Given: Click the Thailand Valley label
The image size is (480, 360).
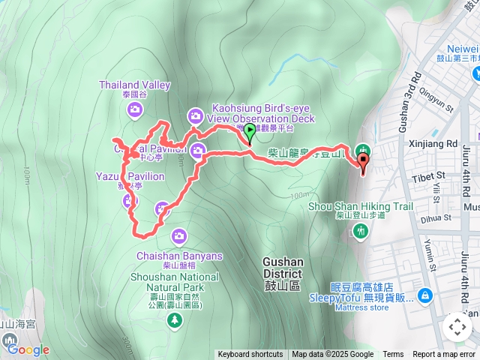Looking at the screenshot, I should [135, 85].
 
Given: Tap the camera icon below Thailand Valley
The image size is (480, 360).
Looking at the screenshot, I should [135, 110].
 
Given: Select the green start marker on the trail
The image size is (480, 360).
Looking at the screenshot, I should [249, 133].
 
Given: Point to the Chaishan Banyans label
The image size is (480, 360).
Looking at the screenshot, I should [179, 256].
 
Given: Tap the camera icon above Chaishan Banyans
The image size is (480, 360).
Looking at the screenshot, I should [178, 236].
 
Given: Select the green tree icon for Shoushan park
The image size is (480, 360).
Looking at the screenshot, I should [175, 320].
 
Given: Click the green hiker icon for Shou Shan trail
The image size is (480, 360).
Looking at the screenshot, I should [361, 232].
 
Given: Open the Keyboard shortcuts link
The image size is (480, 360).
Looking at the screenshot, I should [250, 355].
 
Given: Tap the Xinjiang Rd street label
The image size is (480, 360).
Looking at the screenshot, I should [434, 143].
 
